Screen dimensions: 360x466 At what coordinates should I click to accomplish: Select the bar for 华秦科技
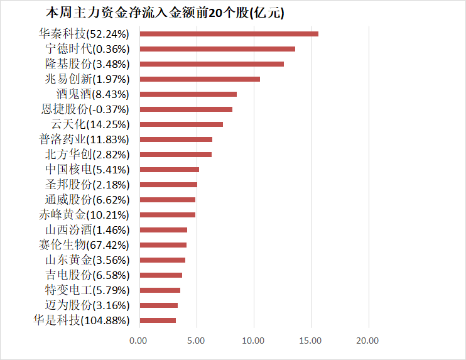click(229, 34)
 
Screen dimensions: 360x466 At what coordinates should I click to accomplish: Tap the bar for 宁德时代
click(217, 49)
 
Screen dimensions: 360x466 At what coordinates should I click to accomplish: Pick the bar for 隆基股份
click(211, 64)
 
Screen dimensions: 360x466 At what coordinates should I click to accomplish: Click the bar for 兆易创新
click(199, 79)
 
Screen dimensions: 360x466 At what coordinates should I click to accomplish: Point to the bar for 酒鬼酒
click(188, 94)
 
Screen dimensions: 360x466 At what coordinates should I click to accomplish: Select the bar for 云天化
click(181, 124)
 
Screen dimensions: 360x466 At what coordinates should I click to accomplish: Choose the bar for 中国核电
click(169, 170)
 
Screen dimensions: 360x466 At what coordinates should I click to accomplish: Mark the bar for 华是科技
click(157, 320)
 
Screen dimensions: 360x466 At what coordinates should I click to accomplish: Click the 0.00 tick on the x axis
click(138, 341)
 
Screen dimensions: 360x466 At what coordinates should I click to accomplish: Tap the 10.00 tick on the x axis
click(253, 341)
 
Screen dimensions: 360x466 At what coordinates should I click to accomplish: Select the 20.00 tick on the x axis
click(368, 341)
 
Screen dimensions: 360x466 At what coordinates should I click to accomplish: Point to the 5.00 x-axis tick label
click(196, 341)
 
